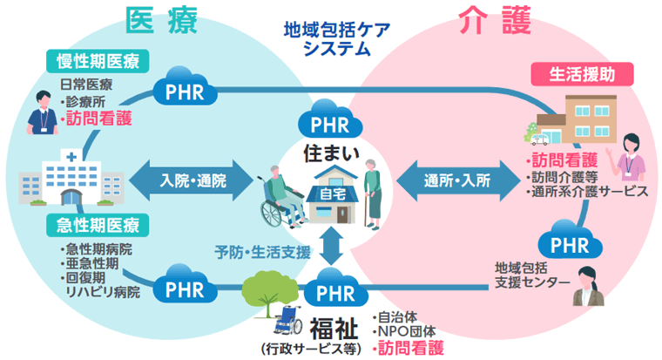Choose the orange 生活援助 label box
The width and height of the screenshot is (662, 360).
tap(581, 74)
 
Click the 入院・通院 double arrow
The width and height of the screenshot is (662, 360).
tap(194, 181)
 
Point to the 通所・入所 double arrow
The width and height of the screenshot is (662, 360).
tap(457, 181)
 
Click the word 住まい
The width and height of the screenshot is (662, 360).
tap(328, 152)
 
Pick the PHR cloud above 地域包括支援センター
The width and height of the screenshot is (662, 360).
tap(576, 238)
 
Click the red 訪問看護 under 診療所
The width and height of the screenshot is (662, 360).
tap(98, 116)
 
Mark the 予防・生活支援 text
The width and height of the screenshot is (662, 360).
tap(263, 252)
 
